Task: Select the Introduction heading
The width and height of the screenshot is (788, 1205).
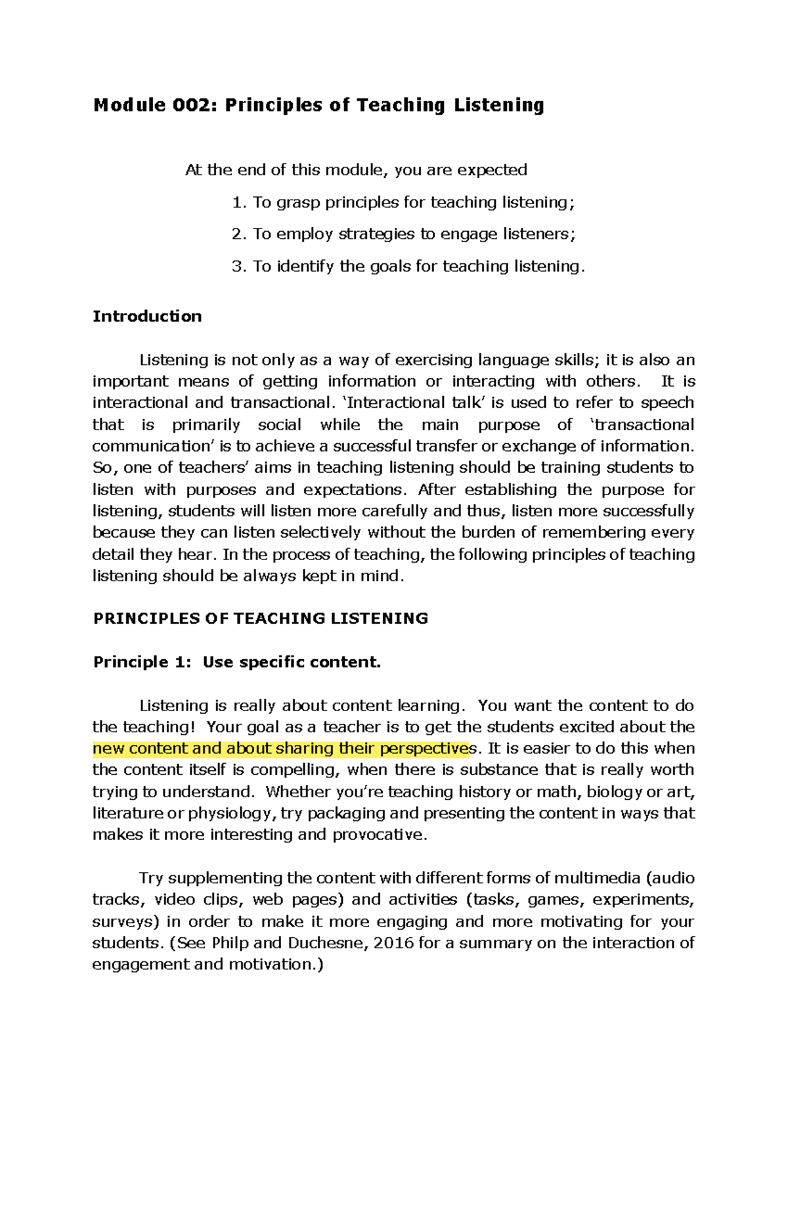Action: [147, 317]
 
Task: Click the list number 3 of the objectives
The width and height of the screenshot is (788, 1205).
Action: [237, 267]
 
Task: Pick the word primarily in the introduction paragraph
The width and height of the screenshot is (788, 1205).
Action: [206, 425]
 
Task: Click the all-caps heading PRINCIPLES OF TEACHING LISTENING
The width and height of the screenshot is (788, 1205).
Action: [261, 619]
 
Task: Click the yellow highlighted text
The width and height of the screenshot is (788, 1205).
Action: [281, 749]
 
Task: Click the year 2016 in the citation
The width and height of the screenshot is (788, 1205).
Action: [393, 944]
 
